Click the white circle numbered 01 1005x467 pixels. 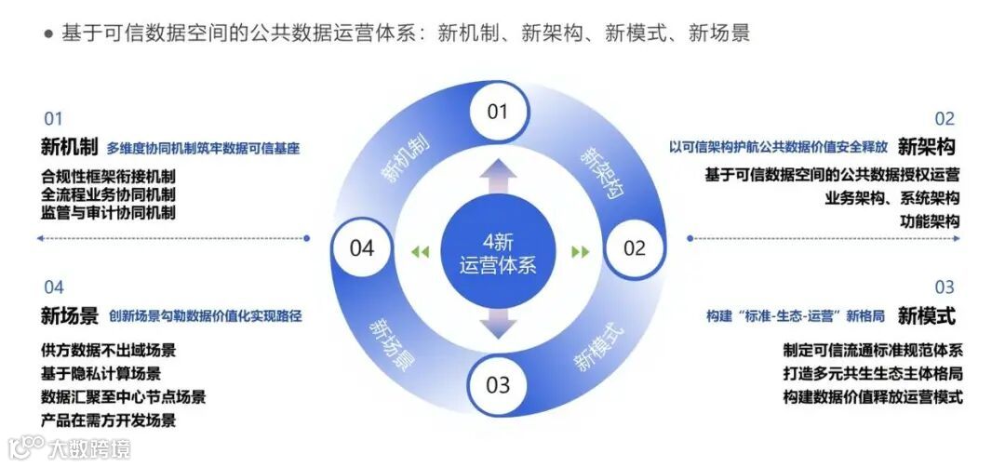[498, 112]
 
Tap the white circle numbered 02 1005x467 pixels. [634, 247]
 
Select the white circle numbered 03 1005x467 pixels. [498, 384]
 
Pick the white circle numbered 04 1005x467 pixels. [361, 247]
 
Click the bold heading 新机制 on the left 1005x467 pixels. [69, 147]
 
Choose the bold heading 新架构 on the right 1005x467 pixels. [927, 147]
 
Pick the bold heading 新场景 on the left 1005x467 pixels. [69, 316]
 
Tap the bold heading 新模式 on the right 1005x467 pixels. [927, 316]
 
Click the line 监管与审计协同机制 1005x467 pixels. [108, 212]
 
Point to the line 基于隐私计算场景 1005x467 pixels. [100, 374]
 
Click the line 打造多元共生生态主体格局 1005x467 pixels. [872, 374]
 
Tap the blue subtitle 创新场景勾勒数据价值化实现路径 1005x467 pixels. [205, 316]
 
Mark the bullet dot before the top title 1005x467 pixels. [48, 34]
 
